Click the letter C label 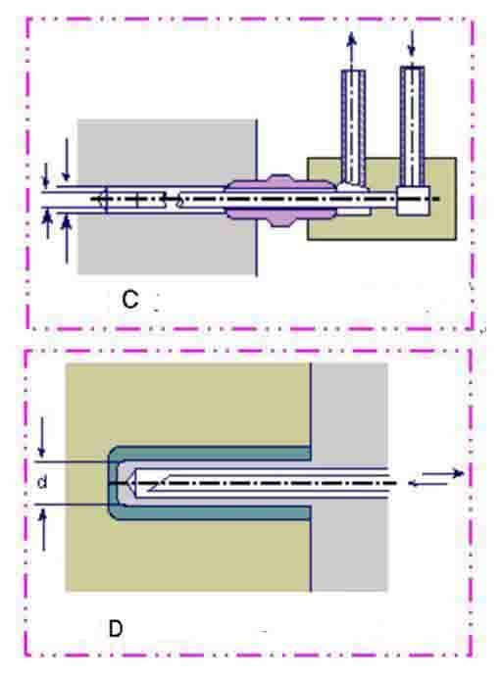pos(129,299)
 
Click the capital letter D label pos(116,629)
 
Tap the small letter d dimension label pos(42,481)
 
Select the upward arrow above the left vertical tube pos(352,50)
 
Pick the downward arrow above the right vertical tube pos(412,43)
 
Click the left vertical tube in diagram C pos(353,126)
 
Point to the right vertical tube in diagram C pos(412,126)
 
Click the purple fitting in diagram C pos(280,200)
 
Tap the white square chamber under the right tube pos(413,201)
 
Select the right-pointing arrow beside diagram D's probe pos(443,473)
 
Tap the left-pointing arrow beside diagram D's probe pos(428,484)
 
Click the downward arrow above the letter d pos(41,437)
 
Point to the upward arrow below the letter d pos(43,529)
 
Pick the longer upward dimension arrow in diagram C pos(66,239)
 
